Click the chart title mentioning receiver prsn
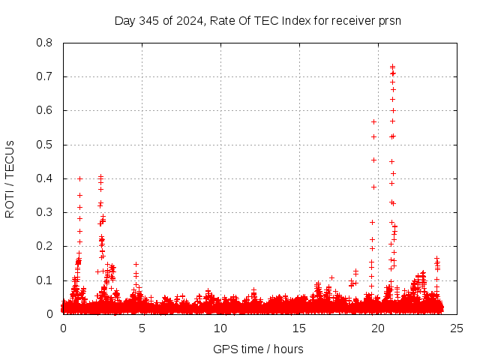(x=258, y=20)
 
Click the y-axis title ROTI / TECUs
(x=10, y=178)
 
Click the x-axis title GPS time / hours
(x=258, y=349)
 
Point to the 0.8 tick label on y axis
(x=46, y=43)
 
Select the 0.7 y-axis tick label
(x=46, y=76)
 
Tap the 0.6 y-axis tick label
(x=46, y=110)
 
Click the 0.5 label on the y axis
(x=46, y=145)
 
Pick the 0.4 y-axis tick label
(x=46, y=178)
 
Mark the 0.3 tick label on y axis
(x=46, y=212)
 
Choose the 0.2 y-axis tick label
(x=46, y=246)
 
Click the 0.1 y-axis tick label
(x=46, y=280)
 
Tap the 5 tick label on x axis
(x=142, y=328)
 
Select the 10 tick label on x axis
(x=220, y=328)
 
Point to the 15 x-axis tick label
(x=299, y=328)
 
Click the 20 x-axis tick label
(x=378, y=328)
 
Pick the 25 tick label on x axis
(x=457, y=328)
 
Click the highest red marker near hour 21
(x=392, y=67)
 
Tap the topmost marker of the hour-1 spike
(x=79, y=178)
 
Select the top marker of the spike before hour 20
(x=373, y=121)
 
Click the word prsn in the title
(x=390, y=20)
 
